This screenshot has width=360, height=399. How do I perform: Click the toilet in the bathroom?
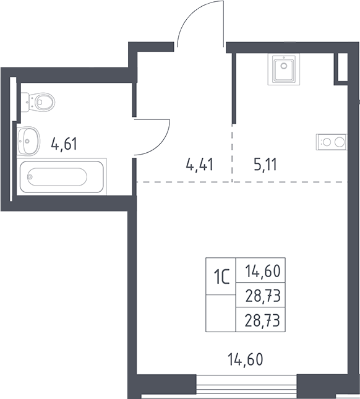pyautogui.click(x=38, y=102)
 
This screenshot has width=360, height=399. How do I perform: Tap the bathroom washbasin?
pyautogui.click(x=28, y=140)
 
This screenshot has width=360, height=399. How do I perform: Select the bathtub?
pyautogui.click(x=62, y=176)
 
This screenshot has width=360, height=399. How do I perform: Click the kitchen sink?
pyautogui.click(x=284, y=69)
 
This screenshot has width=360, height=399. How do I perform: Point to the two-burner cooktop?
pyautogui.click(x=332, y=142)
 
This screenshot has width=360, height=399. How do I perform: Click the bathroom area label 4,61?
pyautogui.click(x=64, y=144)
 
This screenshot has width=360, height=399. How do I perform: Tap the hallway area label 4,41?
pyautogui.click(x=199, y=164)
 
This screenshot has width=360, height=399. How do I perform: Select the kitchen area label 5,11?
pyautogui.click(x=265, y=164)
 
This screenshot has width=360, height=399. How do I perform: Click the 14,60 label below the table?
pyautogui.click(x=246, y=359)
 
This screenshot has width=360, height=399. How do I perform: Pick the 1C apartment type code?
pyautogui.click(x=222, y=277)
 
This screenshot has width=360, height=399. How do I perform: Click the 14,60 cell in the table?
pyautogui.click(x=260, y=270)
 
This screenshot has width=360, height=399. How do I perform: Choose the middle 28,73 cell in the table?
pyautogui.click(x=260, y=294)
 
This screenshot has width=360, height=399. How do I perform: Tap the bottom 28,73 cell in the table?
pyautogui.click(x=260, y=320)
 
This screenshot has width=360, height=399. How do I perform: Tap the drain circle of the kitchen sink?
pyautogui.click(x=284, y=66)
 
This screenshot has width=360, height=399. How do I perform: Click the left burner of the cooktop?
pyautogui.click(x=326, y=142)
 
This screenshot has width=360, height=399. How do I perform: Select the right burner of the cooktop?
pyautogui.click(x=340, y=142)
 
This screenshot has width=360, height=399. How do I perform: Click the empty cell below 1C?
pyautogui.click(x=221, y=313)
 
